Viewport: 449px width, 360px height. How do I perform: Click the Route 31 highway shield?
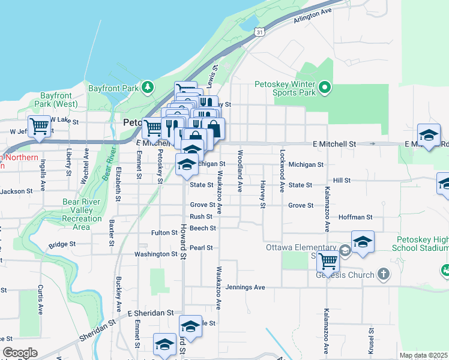pos(258,30)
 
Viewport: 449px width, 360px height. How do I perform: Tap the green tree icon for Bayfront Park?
pos(147,88)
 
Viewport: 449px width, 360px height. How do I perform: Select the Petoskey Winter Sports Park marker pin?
pos(325,88)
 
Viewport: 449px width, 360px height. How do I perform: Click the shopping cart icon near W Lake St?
pos(39,127)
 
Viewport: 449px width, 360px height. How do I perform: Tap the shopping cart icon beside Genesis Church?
pos(328,261)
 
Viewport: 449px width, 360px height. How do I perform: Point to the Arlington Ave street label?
pos(312,16)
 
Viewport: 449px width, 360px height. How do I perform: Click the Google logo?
pos(20,353)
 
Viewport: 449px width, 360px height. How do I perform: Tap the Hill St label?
pos(342,180)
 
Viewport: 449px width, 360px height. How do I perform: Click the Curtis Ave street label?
pos(40,300)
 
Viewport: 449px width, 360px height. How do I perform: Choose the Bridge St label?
pos(62,244)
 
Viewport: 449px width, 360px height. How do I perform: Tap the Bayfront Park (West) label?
pos(56,100)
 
